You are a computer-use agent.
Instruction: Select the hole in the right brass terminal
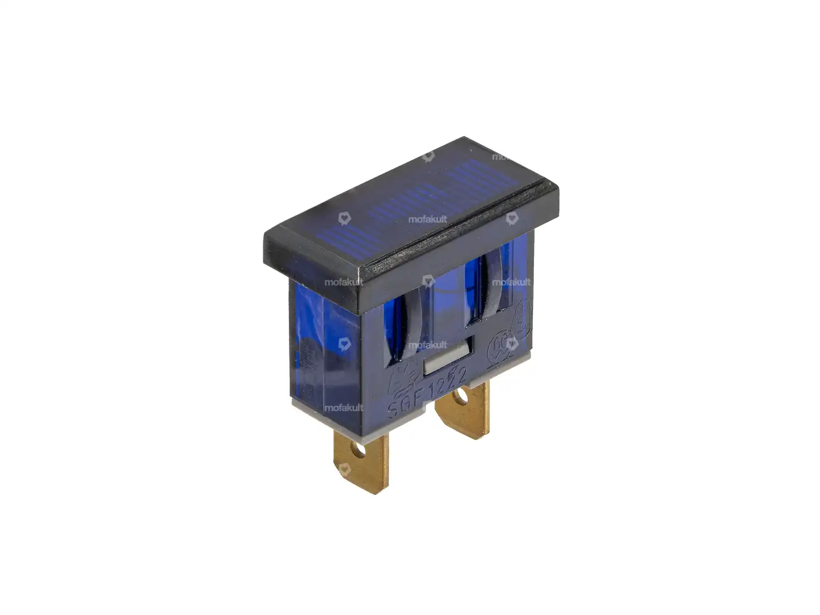(461, 398)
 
